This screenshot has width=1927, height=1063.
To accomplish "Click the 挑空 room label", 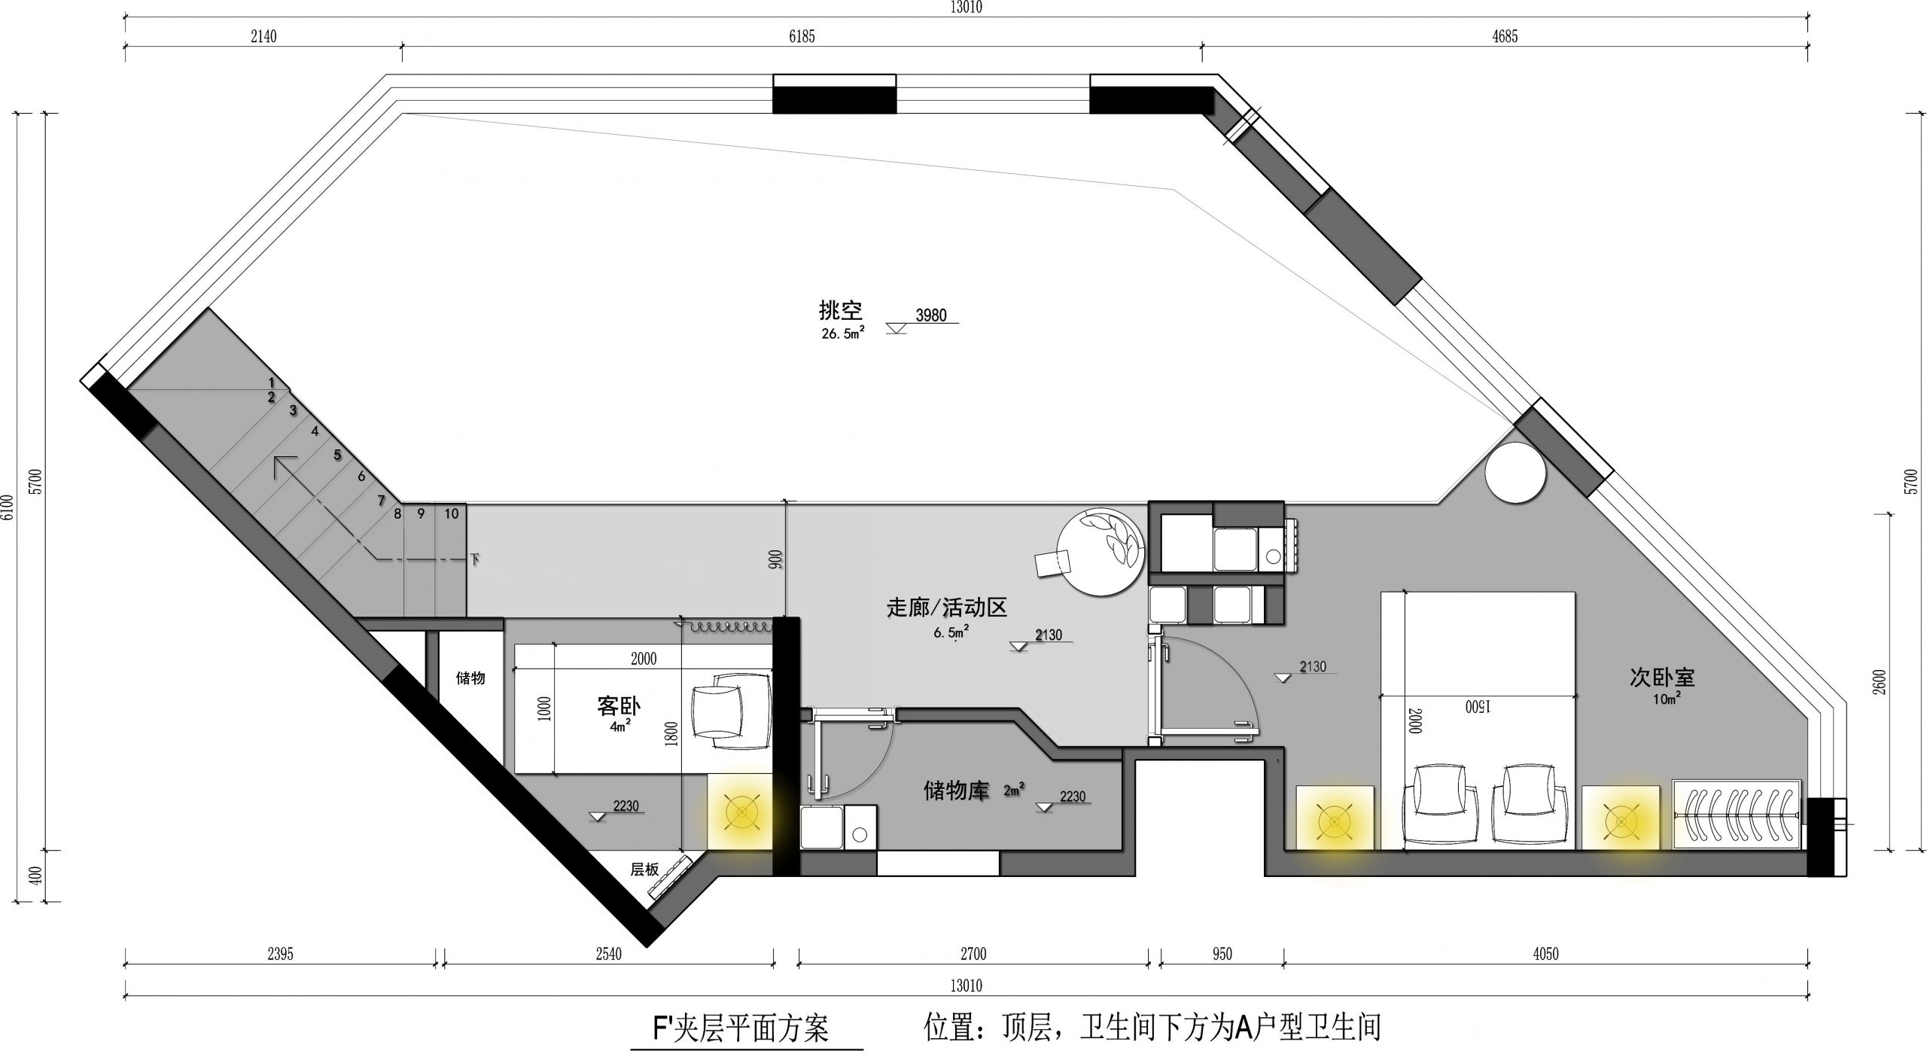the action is point(840,310).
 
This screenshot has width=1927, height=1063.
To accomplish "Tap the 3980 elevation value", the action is point(931,315).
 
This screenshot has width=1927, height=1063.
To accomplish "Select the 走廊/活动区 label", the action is point(946,608).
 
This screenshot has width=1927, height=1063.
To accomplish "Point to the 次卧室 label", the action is point(1662,678).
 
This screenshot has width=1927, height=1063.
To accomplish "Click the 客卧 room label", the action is point(619,706).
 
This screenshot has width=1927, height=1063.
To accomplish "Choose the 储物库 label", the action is point(956,791).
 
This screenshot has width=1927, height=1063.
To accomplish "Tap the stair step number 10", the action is point(451,514).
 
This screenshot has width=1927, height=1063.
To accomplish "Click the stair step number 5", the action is point(337,455).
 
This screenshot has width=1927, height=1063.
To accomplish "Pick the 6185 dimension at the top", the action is point(802,36).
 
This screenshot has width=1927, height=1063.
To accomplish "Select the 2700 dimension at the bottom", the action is point(973,954).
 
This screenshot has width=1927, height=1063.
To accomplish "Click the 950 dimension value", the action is point(1222,954).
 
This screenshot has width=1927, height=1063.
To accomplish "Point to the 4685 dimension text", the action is point(1505,36).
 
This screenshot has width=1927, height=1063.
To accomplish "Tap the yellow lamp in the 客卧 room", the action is point(741,812).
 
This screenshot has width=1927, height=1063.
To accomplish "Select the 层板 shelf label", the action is point(644,870).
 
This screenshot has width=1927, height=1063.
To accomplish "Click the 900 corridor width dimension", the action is point(776,559).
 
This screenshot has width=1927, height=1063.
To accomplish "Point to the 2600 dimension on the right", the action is point(1880,681).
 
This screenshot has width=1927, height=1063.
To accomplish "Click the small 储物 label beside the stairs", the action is point(470,678).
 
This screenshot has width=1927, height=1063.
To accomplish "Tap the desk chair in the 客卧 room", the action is point(730,711).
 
